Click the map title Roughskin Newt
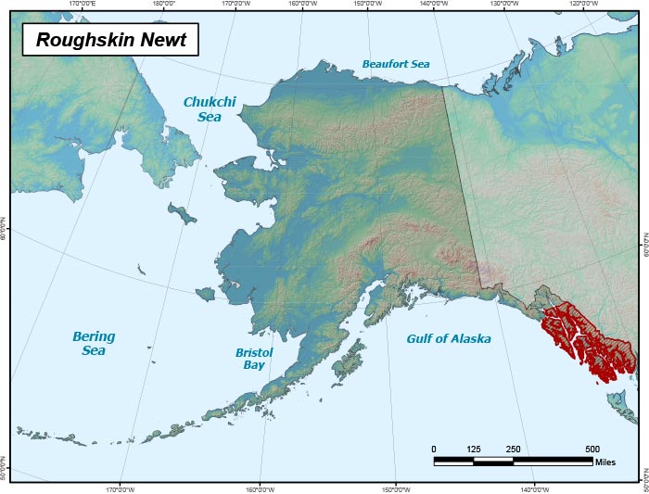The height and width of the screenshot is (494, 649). (x=111, y=40)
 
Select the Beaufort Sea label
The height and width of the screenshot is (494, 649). (x=396, y=64)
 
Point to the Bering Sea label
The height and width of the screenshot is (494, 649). (x=93, y=343)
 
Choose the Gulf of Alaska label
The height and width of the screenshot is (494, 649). (x=449, y=338)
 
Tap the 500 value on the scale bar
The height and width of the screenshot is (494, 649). (x=592, y=450)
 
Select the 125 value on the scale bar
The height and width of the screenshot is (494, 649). (x=474, y=450)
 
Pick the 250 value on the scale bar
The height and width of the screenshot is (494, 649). (x=513, y=450)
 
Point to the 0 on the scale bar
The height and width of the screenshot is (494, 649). (x=434, y=450)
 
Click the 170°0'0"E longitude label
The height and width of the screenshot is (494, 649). (x=83, y=4)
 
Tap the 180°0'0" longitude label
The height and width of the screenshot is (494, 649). (x=164, y=4)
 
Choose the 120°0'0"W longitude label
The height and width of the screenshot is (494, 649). (x=583, y=4)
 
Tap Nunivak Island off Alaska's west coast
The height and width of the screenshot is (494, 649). (x=206, y=294)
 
